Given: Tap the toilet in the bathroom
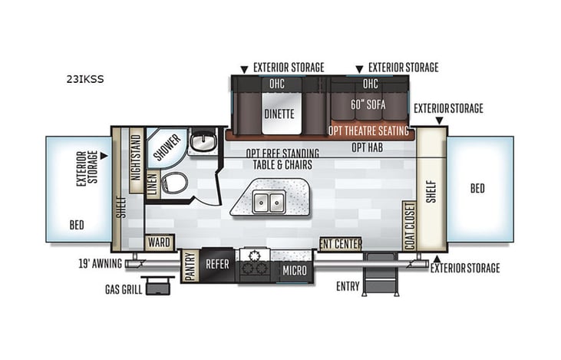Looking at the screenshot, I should click(x=177, y=183).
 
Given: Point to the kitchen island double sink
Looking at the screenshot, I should click(x=269, y=202).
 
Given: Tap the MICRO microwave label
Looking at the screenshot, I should click(x=295, y=270).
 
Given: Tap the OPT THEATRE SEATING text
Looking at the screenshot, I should click(x=369, y=131).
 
